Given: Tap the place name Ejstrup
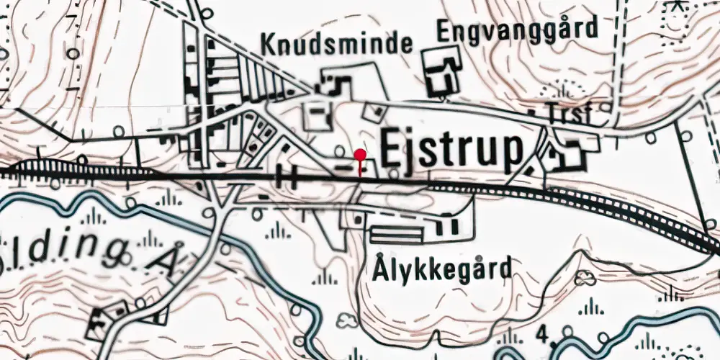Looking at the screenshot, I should [x=451, y=151].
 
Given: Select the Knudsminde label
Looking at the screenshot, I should [x=337, y=45].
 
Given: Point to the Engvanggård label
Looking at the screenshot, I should [x=518, y=30].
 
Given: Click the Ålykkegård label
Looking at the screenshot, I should [x=443, y=269].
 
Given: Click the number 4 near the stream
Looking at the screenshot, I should [x=541, y=333].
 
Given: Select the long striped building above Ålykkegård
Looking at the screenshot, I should [x=397, y=234].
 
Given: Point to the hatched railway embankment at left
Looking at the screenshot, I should [x=50, y=170].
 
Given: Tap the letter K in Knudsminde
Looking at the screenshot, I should [x=269, y=45].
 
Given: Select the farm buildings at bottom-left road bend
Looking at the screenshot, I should [x=108, y=321].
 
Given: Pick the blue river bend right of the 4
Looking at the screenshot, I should [x=576, y=333].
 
